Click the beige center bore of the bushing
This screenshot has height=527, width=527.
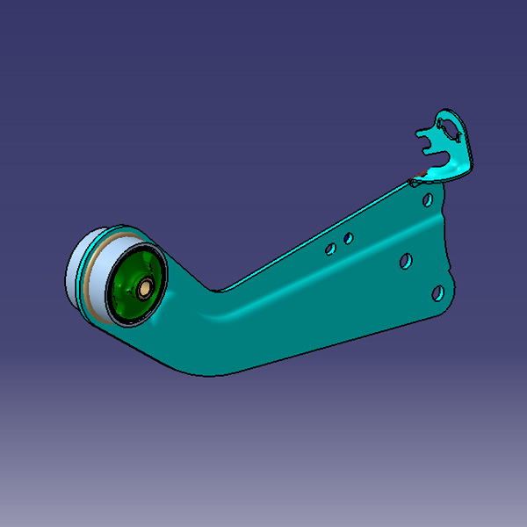[142, 287]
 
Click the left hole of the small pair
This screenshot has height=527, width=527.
[330, 249]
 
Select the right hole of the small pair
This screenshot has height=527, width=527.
[349, 237]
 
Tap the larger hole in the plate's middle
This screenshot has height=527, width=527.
[406, 261]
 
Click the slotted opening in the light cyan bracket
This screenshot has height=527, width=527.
[453, 131]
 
